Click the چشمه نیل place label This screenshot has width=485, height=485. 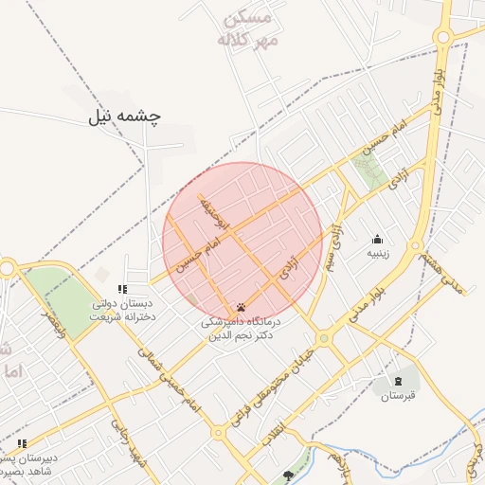[x=125, y=116]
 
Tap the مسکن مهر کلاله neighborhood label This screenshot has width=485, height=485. [x=246, y=29]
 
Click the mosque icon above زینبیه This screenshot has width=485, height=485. [x=378, y=239]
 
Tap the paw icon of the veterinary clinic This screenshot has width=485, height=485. [x=241, y=307]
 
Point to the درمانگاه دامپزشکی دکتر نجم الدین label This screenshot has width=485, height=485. [x=241, y=329]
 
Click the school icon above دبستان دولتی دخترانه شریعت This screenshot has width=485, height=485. [x=120, y=289]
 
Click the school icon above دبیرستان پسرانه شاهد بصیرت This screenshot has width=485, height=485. [x=22, y=442]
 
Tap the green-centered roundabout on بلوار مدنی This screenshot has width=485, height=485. [x=324, y=336]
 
